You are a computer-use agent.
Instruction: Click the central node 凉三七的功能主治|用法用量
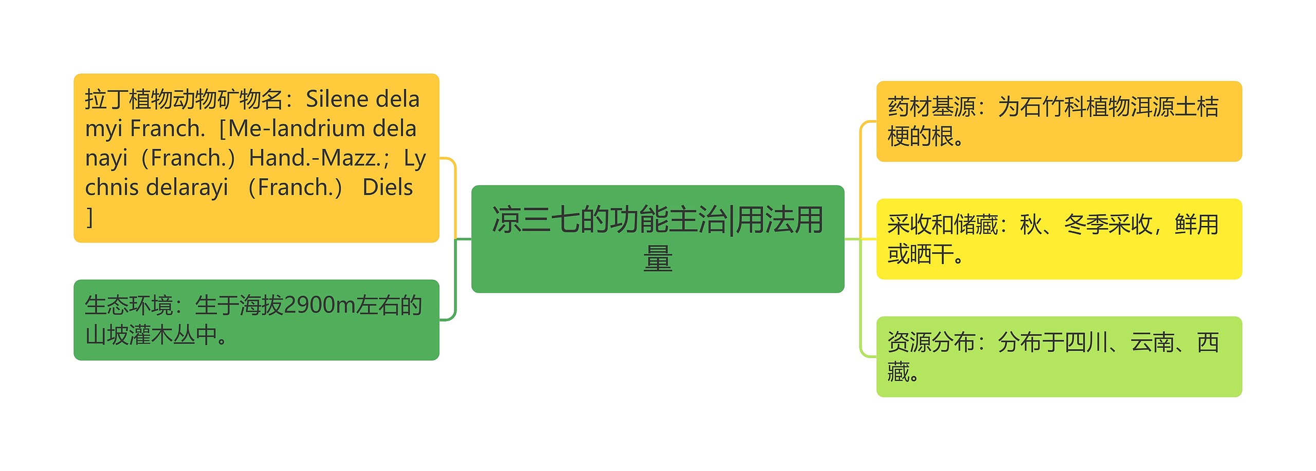pos(657,239)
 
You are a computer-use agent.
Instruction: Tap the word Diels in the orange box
pos(388,187)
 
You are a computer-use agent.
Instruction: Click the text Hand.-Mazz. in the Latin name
pos(314,158)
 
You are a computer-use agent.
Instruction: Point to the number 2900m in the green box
pos(319,306)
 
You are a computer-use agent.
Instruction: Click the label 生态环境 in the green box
pos(129,306)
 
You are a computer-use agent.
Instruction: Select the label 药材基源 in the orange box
pos(931,107)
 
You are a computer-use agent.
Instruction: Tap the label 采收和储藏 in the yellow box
pos(943,224)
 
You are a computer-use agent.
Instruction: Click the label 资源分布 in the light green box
pos(931,342)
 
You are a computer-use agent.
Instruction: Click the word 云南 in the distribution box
pos(1153,342)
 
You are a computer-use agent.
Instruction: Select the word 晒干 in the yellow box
pos(931,254)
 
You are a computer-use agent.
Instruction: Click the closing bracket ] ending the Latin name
pos(90,217)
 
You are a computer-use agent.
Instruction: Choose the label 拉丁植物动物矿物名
pos(184,99)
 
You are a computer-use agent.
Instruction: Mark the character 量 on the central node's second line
pos(657,258)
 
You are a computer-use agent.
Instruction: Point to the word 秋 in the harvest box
pos(1031,224)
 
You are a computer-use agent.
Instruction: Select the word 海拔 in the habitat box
pos(261,306)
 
